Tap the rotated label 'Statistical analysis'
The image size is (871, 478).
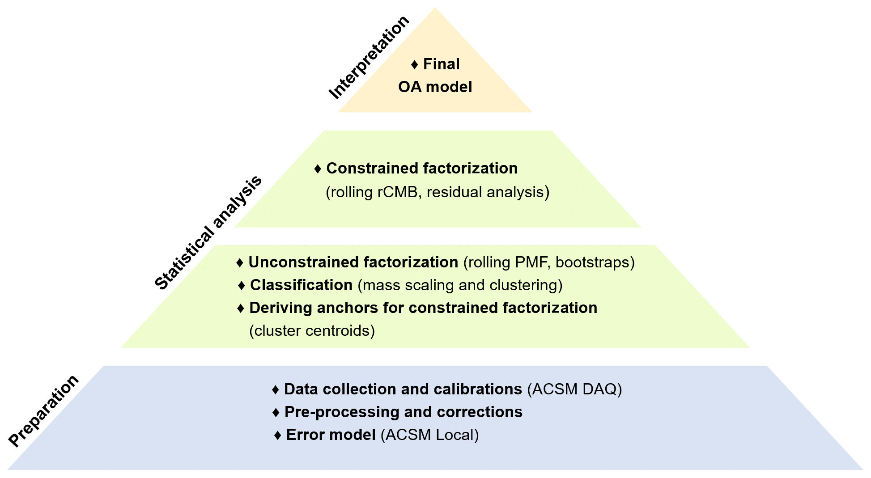[x=208, y=232]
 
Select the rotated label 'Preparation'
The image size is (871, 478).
[x=44, y=410]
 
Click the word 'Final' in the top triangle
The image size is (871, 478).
[x=441, y=64]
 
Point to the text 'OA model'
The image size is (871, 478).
[x=435, y=87]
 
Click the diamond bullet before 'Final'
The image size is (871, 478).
[x=415, y=65]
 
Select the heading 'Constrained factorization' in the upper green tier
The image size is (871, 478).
[x=422, y=169]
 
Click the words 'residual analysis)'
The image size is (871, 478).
[x=488, y=192]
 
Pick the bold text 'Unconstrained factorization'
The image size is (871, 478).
[x=353, y=262]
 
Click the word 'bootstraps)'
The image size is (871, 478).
[x=595, y=262]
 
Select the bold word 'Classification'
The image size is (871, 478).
[x=301, y=285]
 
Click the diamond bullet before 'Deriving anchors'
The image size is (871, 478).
[x=241, y=309]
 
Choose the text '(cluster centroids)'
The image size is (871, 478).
[x=312, y=331]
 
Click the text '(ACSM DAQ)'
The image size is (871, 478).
[x=574, y=389]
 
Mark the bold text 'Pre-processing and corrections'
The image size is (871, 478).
[x=403, y=412]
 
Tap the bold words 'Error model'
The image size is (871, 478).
[x=331, y=435]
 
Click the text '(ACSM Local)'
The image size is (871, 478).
[x=429, y=435]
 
